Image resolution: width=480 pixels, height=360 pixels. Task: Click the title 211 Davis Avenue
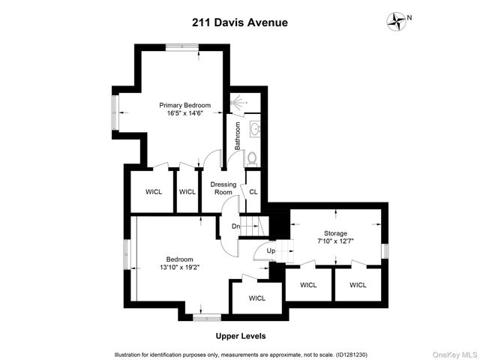(x=240, y=22)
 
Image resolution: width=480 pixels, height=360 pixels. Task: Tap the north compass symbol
(x=395, y=20)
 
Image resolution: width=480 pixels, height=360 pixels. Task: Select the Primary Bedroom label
(x=184, y=105)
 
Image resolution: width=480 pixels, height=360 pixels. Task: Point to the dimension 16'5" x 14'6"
(x=184, y=114)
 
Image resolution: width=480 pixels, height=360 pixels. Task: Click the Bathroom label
(x=237, y=136)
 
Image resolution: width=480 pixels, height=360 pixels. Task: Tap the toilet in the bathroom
(x=252, y=158)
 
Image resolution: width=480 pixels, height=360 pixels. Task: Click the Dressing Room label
(x=223, y=187)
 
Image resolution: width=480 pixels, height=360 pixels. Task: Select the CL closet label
(x=253, y=191)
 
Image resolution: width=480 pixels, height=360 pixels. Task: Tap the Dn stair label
(x=235, y=226)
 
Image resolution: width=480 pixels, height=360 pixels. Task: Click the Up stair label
(x=271, y=250)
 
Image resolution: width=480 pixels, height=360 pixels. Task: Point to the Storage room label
(x=336, y=233)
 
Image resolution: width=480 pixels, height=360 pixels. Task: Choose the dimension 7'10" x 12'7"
(x=336, y=242)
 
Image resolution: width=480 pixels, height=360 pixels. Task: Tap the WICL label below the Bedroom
(x=257, y=298)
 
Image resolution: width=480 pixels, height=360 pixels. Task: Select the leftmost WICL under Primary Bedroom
(x=153, y=191)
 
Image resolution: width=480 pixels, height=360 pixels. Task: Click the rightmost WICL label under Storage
(x=358, y=285)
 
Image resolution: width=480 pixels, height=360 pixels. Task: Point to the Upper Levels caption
(x=240, y=336)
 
